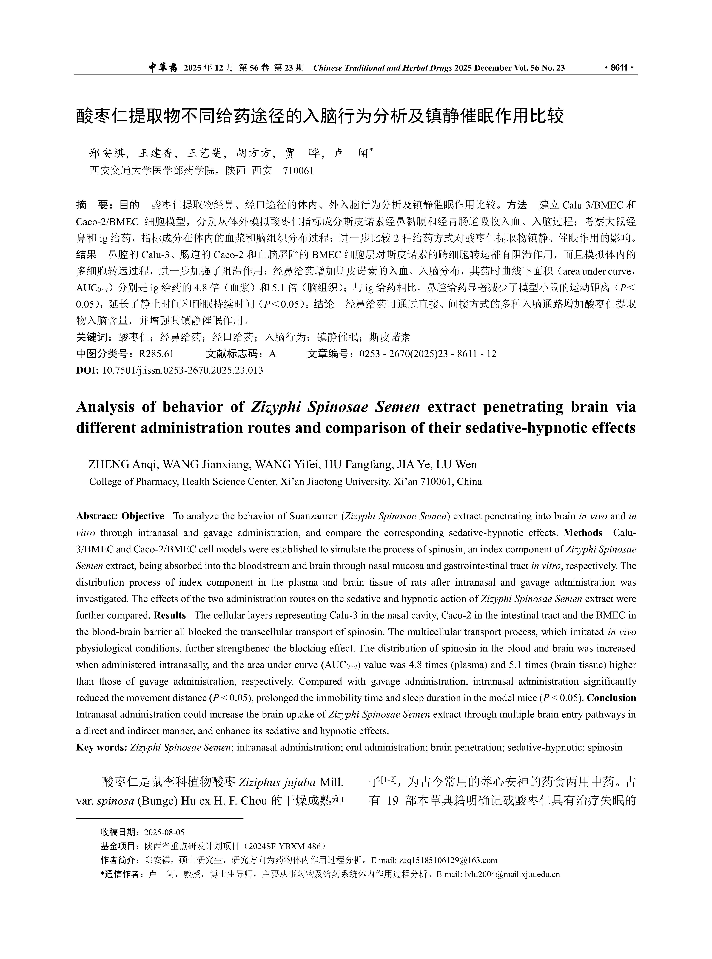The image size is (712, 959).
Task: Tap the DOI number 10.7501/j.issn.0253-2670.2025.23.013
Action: pos(182,370)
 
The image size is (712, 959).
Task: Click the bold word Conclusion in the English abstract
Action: pos(611,698)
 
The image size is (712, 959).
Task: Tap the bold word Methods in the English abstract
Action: pos(583,533)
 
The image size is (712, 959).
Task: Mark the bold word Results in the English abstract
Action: pos(170,615)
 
